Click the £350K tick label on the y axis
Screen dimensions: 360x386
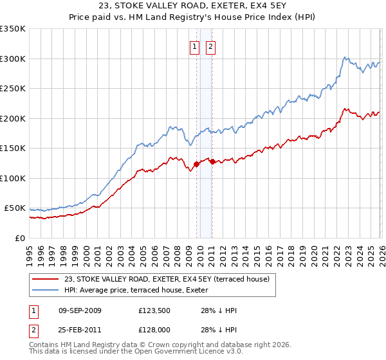pos(13,29)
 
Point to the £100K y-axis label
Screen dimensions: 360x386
pos(13,178)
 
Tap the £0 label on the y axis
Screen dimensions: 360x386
pos(20,238)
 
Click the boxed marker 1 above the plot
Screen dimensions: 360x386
pos(194,46)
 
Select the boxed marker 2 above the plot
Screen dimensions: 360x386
pos(210,46)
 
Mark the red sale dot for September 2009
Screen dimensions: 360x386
pos(196,165)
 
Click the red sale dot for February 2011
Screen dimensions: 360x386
pos(212,161)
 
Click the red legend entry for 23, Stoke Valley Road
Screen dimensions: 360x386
pos(167,278)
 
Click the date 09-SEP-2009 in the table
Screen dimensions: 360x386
pos(80,310)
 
